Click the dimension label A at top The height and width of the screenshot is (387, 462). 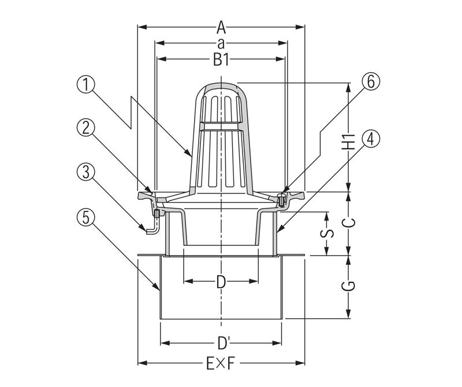tap(221, 26)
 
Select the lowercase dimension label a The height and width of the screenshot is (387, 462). tap(221, 43)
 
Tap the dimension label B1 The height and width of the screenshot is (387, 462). tap(221, 58)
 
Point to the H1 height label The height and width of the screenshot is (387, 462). tap(348, 142)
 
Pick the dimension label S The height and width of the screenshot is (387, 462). tap(327, 233)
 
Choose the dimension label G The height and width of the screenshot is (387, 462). tap(348, 285)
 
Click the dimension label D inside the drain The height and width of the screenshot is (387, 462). tap(221, 282)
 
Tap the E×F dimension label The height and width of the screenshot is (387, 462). tap(221, 363)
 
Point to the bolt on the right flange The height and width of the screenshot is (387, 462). tap(281, 200)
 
